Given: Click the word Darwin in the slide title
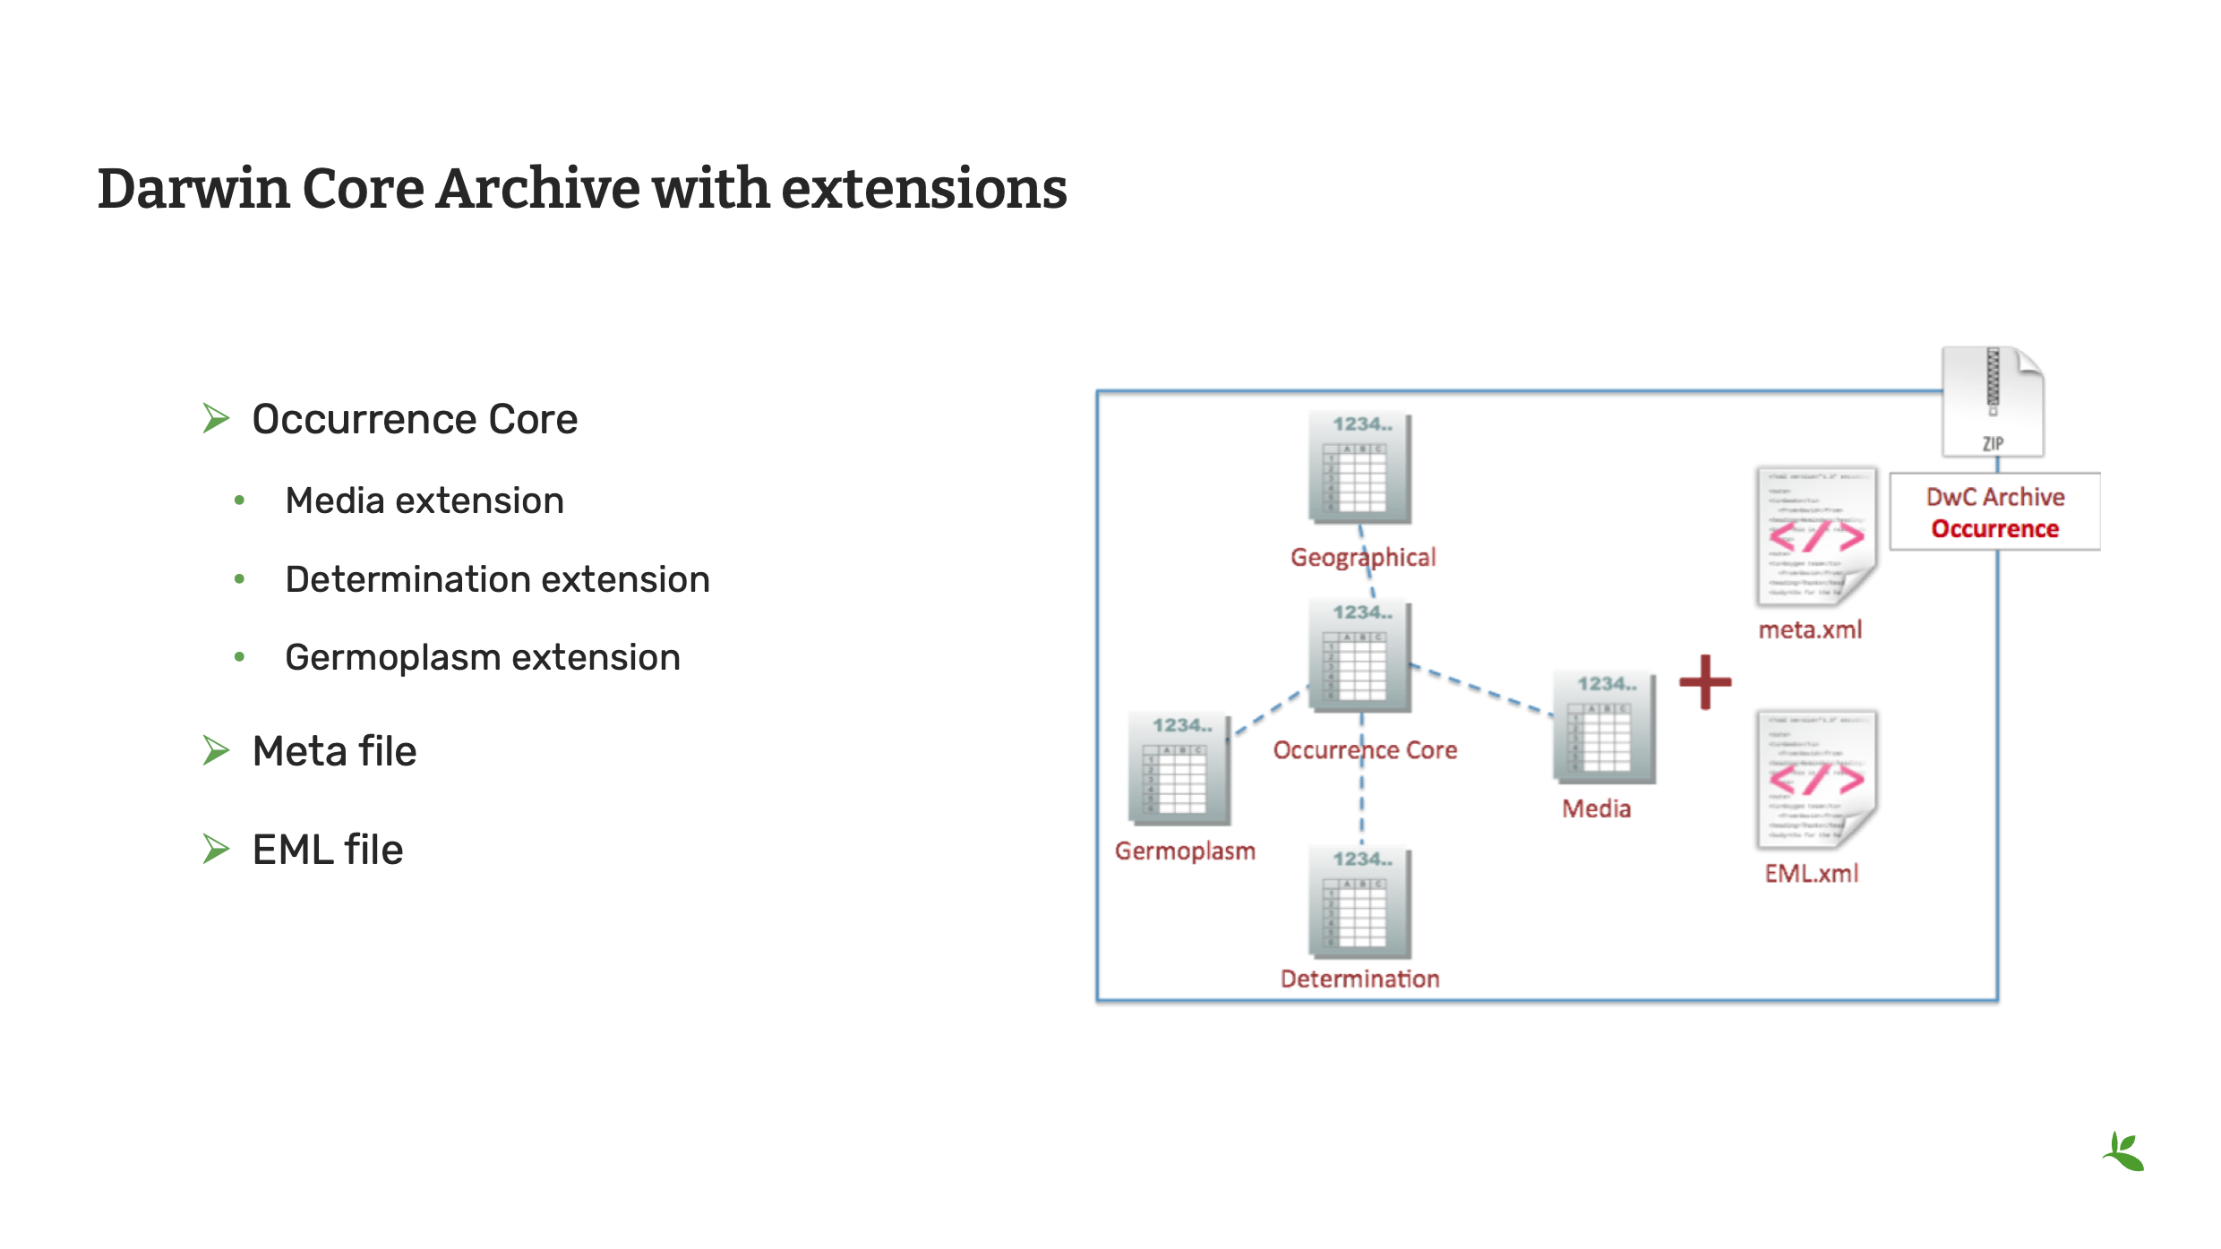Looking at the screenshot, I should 193,189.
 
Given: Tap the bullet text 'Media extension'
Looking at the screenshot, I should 424,500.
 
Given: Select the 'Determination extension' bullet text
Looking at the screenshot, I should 497,579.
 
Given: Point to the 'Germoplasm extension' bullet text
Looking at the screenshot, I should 483,657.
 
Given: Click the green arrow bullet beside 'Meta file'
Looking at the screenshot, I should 216,750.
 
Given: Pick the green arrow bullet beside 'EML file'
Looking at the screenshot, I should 216,849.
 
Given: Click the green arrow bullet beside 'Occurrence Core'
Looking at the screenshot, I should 216,418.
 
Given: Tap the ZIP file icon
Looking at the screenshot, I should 1993,402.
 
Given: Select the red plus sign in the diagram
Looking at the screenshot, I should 1705,682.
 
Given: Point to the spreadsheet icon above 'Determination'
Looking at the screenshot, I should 1359,903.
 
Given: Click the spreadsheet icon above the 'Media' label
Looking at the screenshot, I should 1604,727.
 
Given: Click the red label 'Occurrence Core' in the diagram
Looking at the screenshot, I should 1365,750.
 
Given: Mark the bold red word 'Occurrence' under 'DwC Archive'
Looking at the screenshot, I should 1994,529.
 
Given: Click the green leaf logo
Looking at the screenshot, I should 2124,1151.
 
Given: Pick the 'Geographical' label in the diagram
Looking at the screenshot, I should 1362,558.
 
